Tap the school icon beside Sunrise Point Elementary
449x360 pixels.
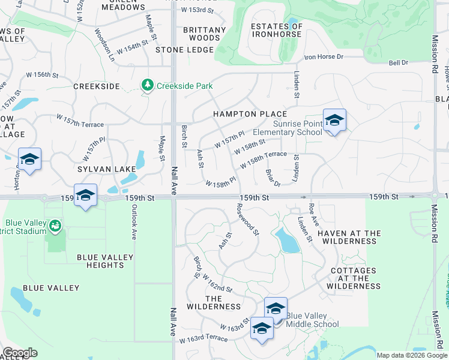pyautogui.click(x=334, y=121)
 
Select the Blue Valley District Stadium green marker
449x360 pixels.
pyautogui.click(x=55, y=226)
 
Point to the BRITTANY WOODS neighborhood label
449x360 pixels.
pyautogui.click(x=204, y=34)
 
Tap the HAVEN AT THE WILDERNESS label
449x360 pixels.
pyautogui.click(x=349, y=236)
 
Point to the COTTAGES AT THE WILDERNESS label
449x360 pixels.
pyautogui.click(x=354, y=278)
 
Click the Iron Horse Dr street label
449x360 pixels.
pyautogui.click(x=324, y=57)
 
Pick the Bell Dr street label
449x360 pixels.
pyautogui.click(x=398, y=62)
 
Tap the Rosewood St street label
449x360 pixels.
pyautogui.click(x=247, y=219)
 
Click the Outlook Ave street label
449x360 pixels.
pyautogui.click(x=134, y=224)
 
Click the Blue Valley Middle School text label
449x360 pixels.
pyautogui.click(x=312, y=320)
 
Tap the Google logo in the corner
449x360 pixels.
pyautogui.click(x=20, y=353)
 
